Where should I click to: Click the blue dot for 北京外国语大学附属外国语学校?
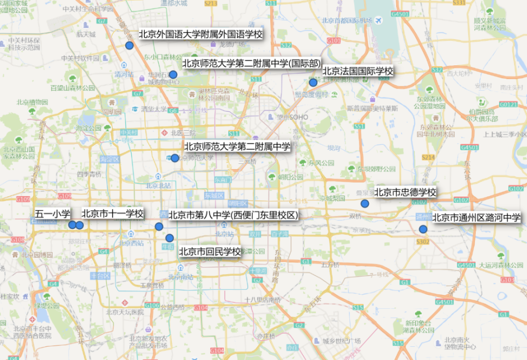click(x=129, y=45)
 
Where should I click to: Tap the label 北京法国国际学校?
click(x=358, y=71)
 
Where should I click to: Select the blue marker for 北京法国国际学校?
click(x=313, y=82)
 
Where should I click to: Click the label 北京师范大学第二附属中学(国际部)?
click(x=251, y=63)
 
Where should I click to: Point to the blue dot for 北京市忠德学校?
click(x=364, y=203)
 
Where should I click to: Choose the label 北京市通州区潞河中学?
click(x=476, y=217)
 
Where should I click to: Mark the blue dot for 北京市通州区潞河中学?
click(x=423, y=229)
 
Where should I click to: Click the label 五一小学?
click(x=52, y=213)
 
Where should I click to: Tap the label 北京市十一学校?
click(x=112, y=213)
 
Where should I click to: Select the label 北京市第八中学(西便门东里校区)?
click(x=233, y=215)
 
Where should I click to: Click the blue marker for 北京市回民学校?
click(x=169, y=238)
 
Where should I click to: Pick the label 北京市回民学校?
click(x=210, y=251)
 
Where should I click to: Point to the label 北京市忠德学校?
click(x=405, y=192)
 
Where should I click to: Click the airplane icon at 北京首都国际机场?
click(x=378, y=21)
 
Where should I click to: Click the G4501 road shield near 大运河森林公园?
click(x=467, y=265)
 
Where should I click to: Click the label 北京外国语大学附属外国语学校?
click(x=201, y=34)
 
